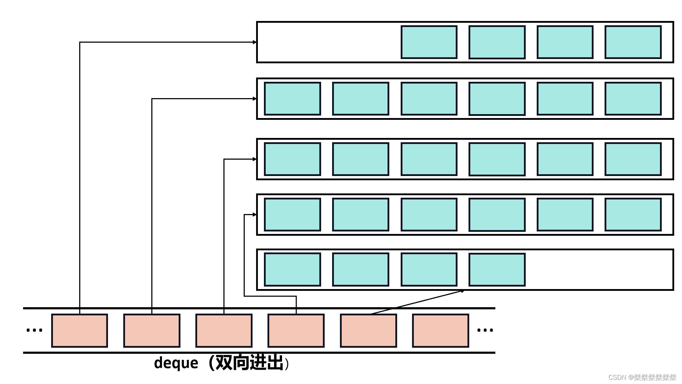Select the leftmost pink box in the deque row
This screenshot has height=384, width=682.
tap(80, 331)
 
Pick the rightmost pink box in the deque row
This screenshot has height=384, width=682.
tap(440, 331)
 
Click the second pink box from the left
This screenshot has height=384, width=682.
tap(152, 331)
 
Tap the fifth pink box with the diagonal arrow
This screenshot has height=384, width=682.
tap(368, 331)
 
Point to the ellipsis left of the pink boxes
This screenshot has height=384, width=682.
tap(34, 330)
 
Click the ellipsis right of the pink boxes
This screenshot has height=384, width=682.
tap(485, 330)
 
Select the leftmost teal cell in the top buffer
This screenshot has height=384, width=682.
tap(429, 42)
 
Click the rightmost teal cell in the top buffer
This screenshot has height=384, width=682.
tap(633, 42)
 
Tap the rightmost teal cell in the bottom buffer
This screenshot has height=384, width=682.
tap(497, 270)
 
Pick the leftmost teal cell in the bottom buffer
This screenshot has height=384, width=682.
tap(292, 270)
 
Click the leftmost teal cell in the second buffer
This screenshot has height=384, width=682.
tap(292, 98)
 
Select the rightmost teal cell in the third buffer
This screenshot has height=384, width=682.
tap(633, 159)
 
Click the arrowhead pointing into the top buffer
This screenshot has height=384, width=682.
tap(255, 42)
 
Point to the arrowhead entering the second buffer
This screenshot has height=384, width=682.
tap(255, 98)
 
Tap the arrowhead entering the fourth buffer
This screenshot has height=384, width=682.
tap(255, 214)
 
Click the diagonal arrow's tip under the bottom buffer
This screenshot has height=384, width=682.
tap(462, 291)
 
